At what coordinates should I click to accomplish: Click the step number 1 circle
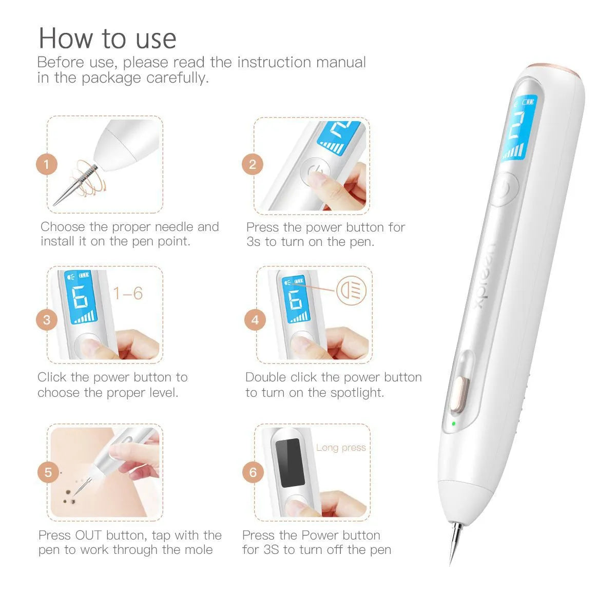47,165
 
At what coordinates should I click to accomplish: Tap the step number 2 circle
252,165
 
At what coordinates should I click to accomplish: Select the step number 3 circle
47,320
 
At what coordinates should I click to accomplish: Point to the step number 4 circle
255,320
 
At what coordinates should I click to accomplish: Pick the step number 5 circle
48,472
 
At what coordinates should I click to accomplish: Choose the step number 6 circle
253,472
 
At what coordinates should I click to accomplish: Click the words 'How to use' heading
107,38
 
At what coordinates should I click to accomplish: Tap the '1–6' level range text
128,294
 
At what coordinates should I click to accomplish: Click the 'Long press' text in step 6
341,448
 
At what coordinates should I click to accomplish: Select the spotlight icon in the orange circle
352,291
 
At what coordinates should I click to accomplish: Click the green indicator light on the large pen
453,424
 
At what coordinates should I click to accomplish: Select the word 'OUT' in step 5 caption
88,535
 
